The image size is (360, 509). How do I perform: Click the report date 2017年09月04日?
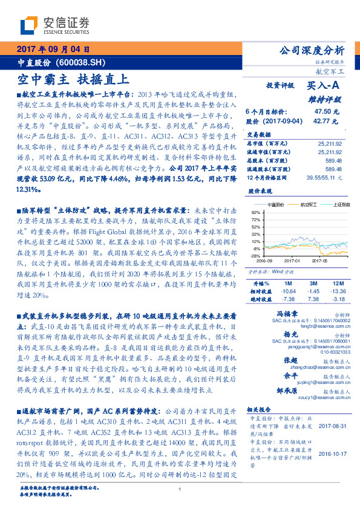pos(53,50)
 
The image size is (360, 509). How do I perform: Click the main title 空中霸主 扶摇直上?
pos(73,79)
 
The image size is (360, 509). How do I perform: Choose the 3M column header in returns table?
pos(313,283)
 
